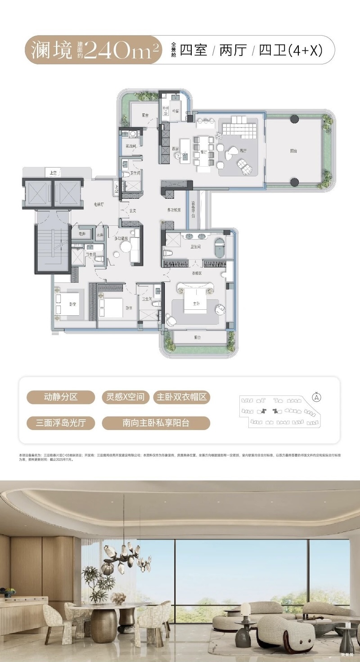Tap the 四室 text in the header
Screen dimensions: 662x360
point(193,50)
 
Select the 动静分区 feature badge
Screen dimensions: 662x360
point(61,397)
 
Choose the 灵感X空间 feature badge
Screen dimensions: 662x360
point(125,397)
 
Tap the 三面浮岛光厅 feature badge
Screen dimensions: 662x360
point(61,423)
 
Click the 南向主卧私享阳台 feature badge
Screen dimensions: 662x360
point(156,423)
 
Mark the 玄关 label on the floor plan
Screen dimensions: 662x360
point(133,210)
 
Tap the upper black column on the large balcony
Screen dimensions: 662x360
point(294,119)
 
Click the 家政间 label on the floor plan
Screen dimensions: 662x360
point(131,146)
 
